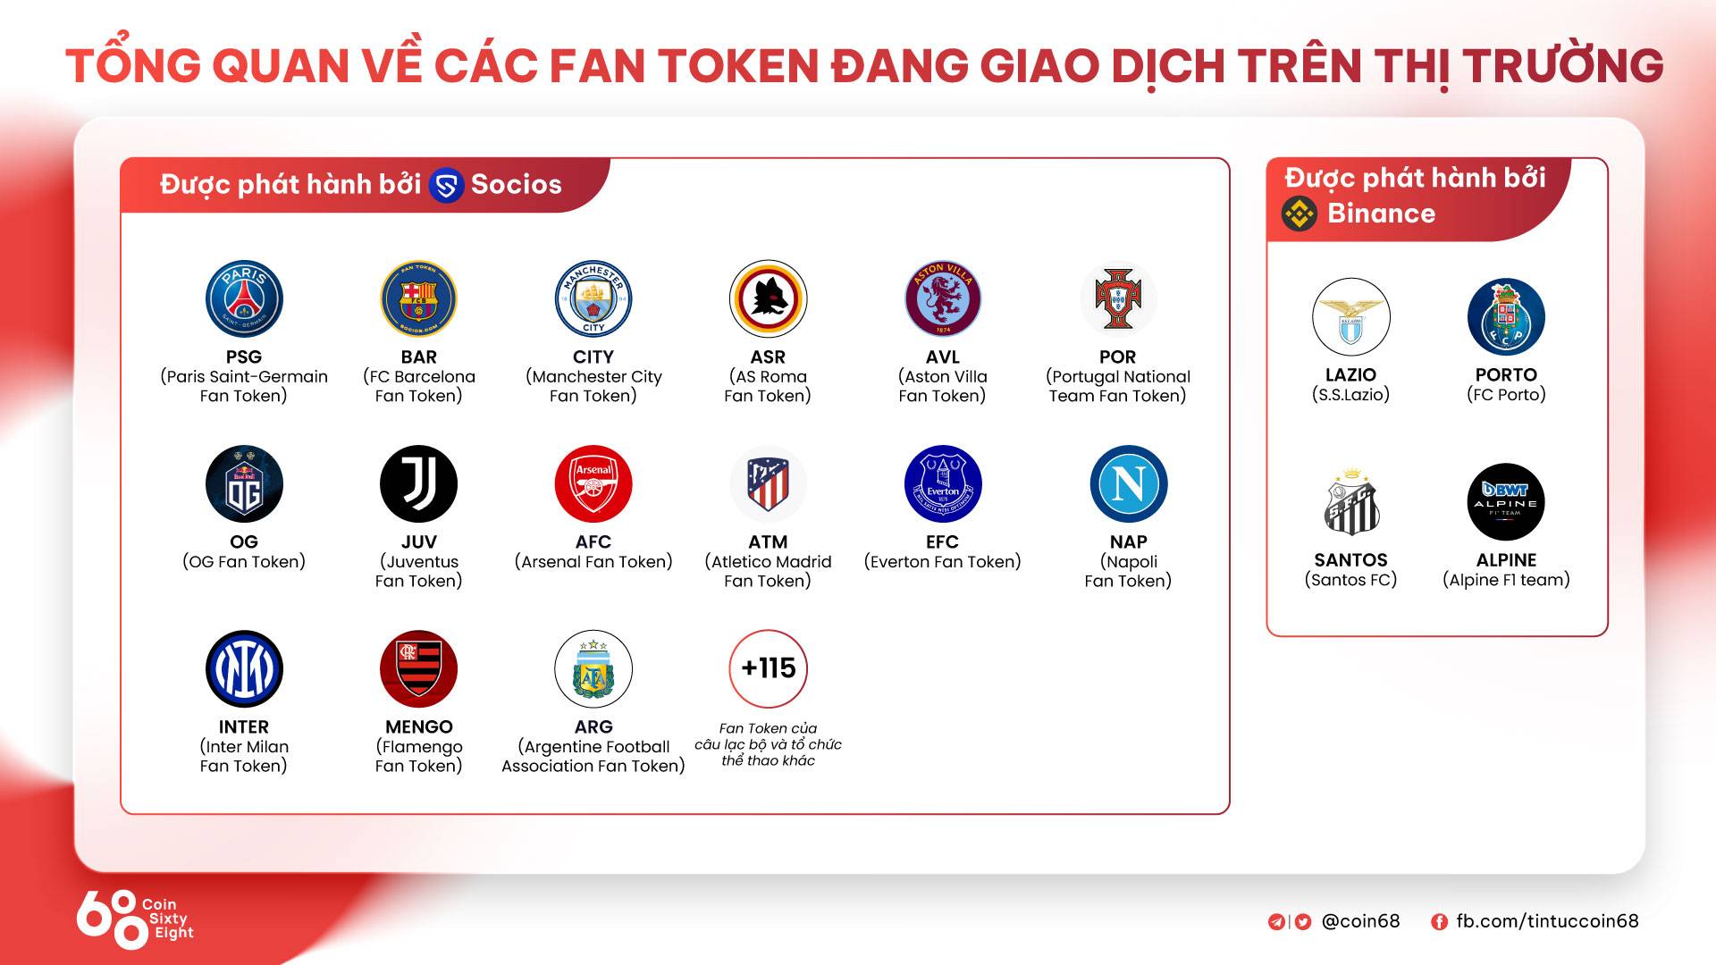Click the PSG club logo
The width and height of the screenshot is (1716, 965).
point(244,299)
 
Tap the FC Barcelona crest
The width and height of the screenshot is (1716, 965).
point(418,299)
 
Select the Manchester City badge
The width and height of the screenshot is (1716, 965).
point(593,299)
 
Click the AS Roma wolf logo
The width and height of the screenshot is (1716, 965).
point(768,299)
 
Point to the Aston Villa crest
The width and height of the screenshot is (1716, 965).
point(943,299)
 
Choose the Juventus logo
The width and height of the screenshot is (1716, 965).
point(418,484)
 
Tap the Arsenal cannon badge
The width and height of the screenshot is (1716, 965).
point(593,484)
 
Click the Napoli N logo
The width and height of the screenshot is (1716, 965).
point(1129,484)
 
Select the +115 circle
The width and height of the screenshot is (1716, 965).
point(768,668)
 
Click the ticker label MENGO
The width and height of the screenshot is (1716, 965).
point(419,727)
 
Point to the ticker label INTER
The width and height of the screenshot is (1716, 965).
point(244,727)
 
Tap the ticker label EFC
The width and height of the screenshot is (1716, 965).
point(943,542)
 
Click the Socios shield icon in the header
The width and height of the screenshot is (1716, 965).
point(446,186)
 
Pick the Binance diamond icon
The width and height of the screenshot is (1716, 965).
point(1300,214)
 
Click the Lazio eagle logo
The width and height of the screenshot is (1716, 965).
point(1351,317)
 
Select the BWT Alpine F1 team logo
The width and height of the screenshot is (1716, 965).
point(1506,502)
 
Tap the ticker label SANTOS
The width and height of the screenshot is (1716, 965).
point(1351,560)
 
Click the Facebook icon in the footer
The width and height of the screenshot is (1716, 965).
point(1439,922)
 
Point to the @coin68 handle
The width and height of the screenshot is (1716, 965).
point(1361,921)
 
